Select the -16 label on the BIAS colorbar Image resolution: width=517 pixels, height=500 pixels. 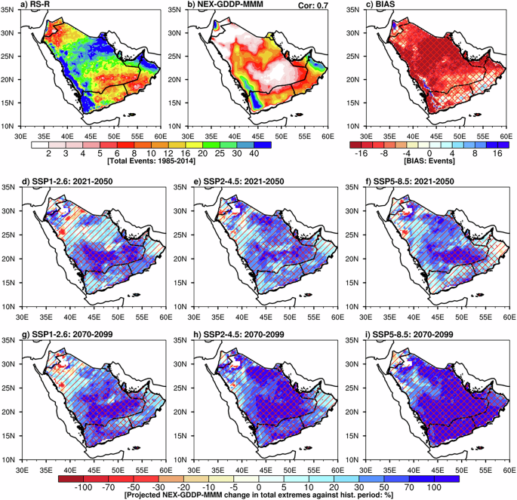click(359, 152)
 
